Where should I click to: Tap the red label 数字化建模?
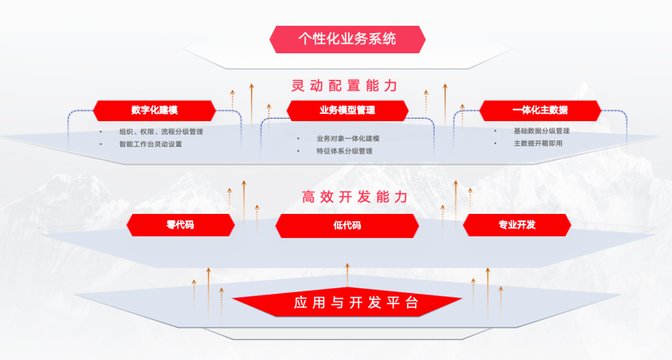point(153,111)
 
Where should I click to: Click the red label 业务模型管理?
point(347,111)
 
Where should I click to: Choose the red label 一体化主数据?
point(540,111)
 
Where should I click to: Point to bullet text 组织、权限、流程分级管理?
point(161,131)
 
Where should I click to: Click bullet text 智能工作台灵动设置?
point(150,144)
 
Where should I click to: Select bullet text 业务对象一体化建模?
point(348,138)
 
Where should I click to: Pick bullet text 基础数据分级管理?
point(542,131)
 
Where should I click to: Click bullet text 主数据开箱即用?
point(538,144)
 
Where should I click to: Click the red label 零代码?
point(180,225)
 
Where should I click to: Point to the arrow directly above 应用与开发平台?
point(347,273)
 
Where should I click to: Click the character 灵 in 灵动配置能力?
point(298,85)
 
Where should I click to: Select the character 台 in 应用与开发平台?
point(411,303)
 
